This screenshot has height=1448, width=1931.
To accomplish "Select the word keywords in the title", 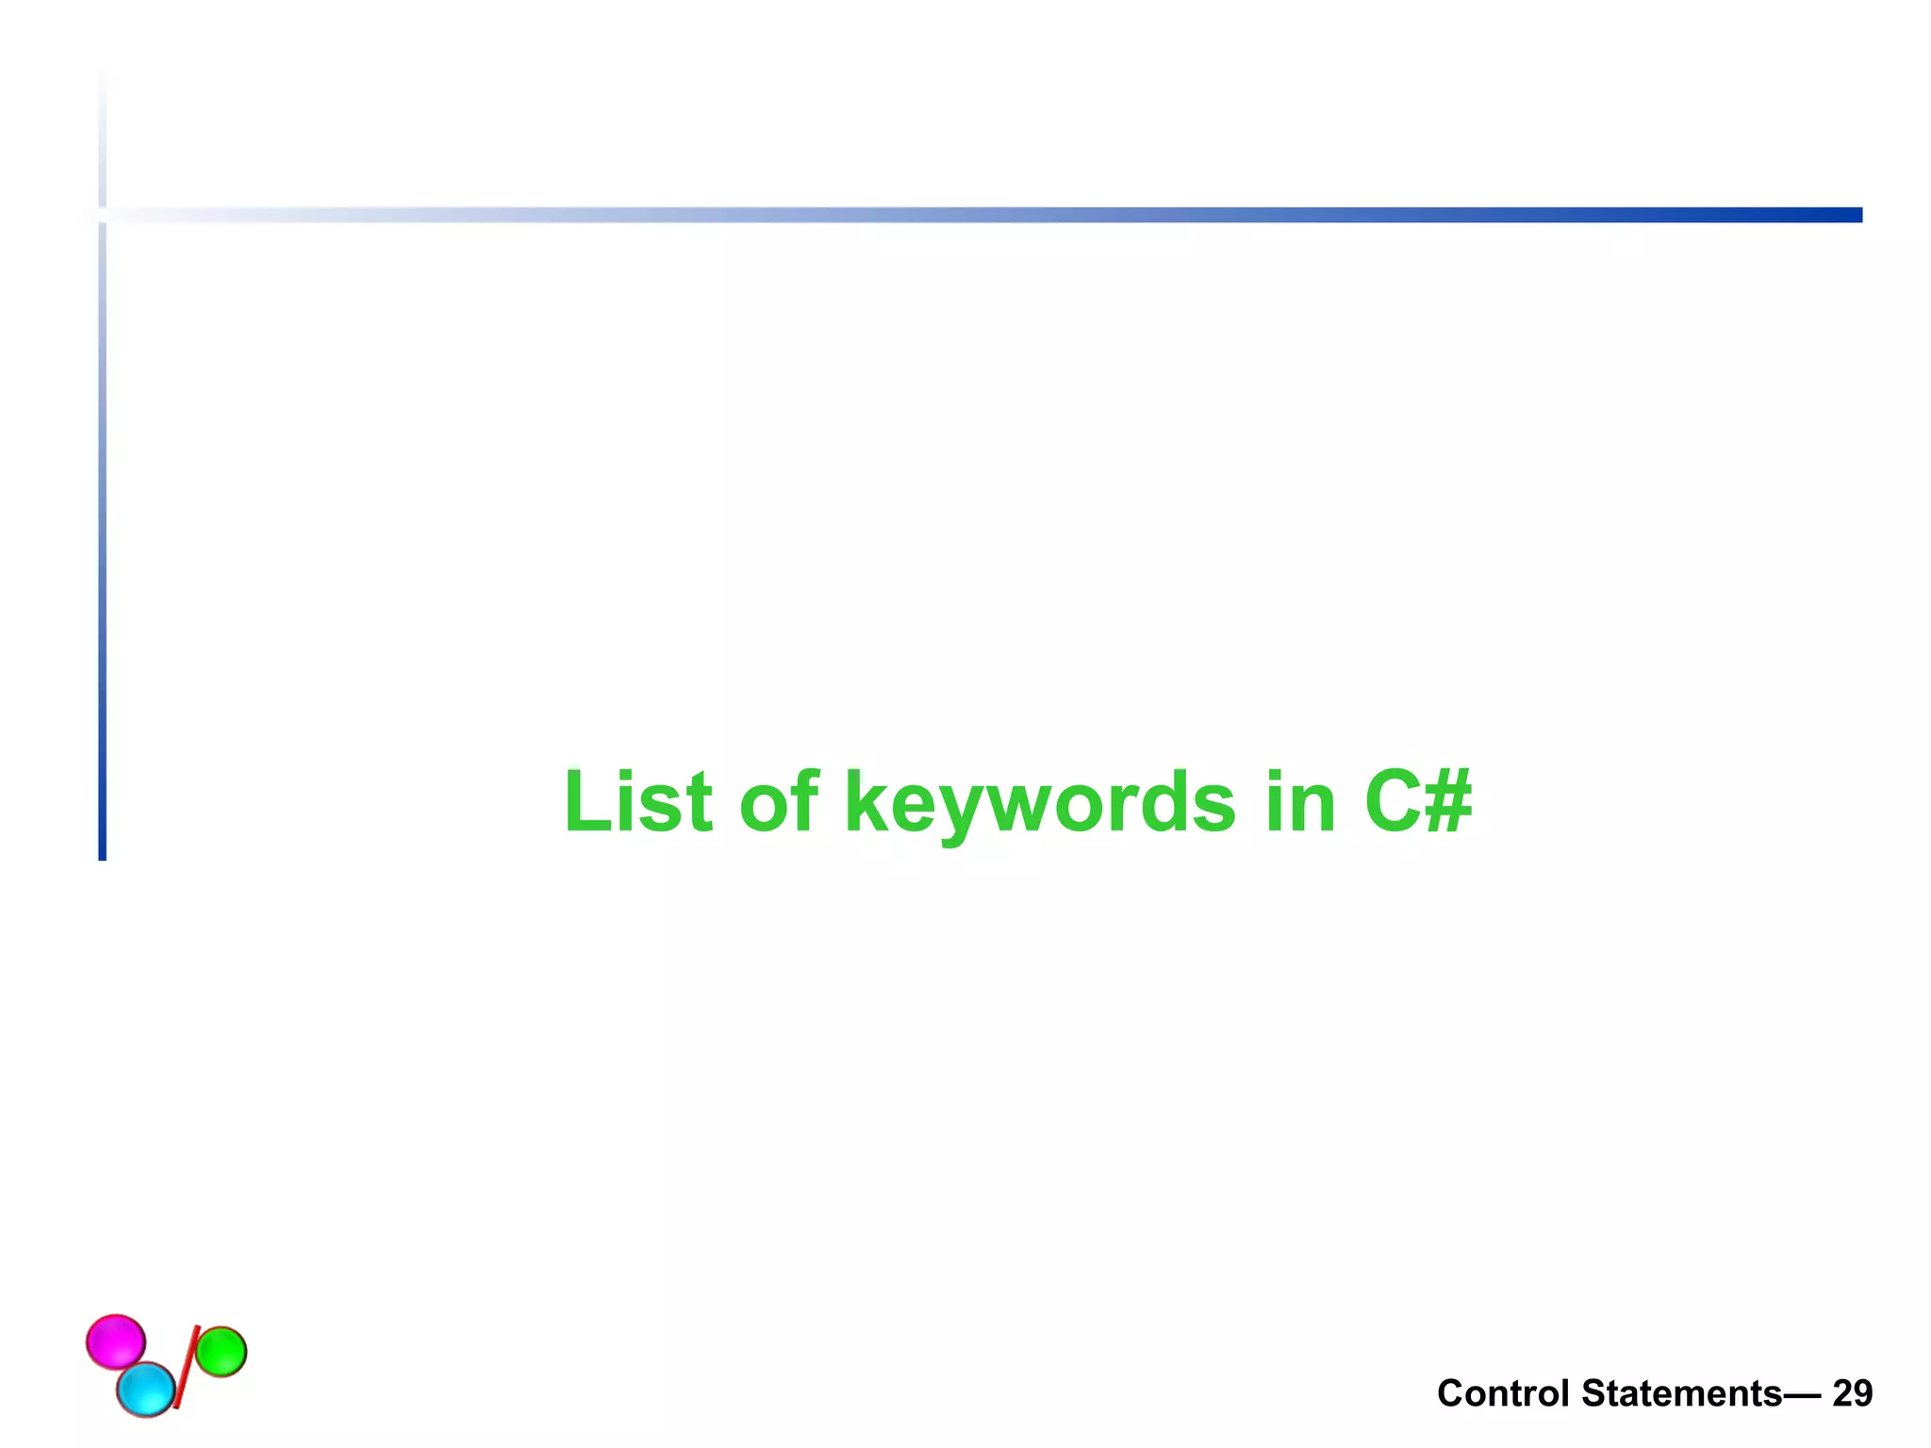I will click(x=1039, y=803).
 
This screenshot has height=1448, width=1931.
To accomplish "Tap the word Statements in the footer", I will click(x=1681, y=1393).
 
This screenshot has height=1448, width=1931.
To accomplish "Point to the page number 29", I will click(x=1852, y=1393).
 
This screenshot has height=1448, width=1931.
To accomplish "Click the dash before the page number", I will click(x=1805, y=1393).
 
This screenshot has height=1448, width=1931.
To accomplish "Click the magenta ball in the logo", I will click(x=115, y=1341).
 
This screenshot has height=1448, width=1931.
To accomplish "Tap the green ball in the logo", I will click(x=221, y=1352).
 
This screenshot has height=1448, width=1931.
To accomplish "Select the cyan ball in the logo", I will click(x=146, y=1390).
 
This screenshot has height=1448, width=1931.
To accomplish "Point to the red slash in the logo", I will click(x=185, y=1367).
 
